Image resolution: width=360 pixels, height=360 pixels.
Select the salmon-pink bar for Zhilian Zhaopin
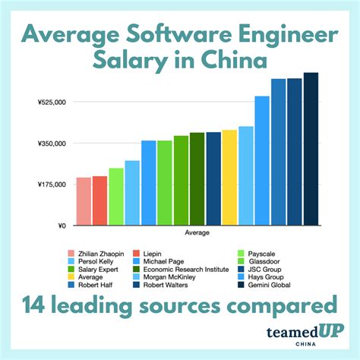click(x=84, y=201)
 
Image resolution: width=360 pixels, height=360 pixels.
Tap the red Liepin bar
click(x=99, y=201)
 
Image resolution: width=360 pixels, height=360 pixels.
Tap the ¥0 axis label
click(x=62, y=226)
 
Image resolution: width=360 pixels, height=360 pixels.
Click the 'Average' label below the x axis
click(x=197, y=232)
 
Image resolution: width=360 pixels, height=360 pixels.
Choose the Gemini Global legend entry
click(x=276, y=284)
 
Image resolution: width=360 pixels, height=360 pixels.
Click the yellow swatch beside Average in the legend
click(x=71, y=276)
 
